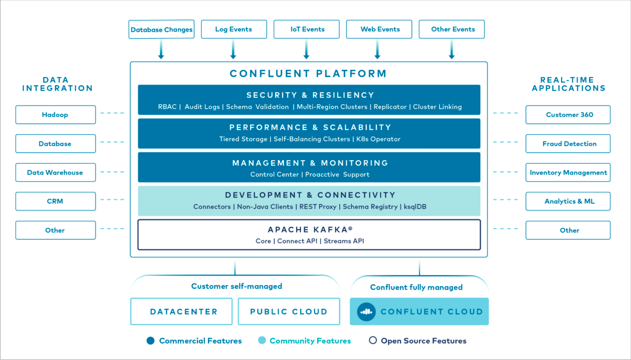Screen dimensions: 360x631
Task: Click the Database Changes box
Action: (x=161, y=29)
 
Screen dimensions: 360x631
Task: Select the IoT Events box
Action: (x=307, y=29)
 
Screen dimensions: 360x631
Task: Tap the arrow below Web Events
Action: (x=377, y=50)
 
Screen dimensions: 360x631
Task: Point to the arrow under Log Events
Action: (x=233, y=50)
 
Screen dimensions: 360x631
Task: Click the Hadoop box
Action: (x=55, y=115)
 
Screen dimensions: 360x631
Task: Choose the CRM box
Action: (x=55, y=201)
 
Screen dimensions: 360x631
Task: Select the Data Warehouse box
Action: (x=55, y=173)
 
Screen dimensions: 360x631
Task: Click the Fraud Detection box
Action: (x=568, y=144)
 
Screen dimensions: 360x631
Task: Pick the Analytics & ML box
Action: (x=568, y=201)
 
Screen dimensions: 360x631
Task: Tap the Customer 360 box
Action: (x=568, y=115)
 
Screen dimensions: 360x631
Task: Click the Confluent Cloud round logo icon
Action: (x=366, y=312)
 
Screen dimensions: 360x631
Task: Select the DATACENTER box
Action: (x=181, y=312)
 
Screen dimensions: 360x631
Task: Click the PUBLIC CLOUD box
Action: (x=289, y=312)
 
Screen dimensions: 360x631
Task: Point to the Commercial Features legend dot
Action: (x=151, y=341)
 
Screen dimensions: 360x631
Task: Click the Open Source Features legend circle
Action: (x=373, y=340)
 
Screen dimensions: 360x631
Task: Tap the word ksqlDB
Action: (x=415, y=207)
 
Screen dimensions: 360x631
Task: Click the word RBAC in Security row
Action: (x=167, y=107)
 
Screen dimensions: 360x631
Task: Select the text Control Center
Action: (x=274, y=175)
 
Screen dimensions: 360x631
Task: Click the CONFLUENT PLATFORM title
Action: (x=308, y=74)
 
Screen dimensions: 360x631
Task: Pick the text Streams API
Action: (x=344, y=241)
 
